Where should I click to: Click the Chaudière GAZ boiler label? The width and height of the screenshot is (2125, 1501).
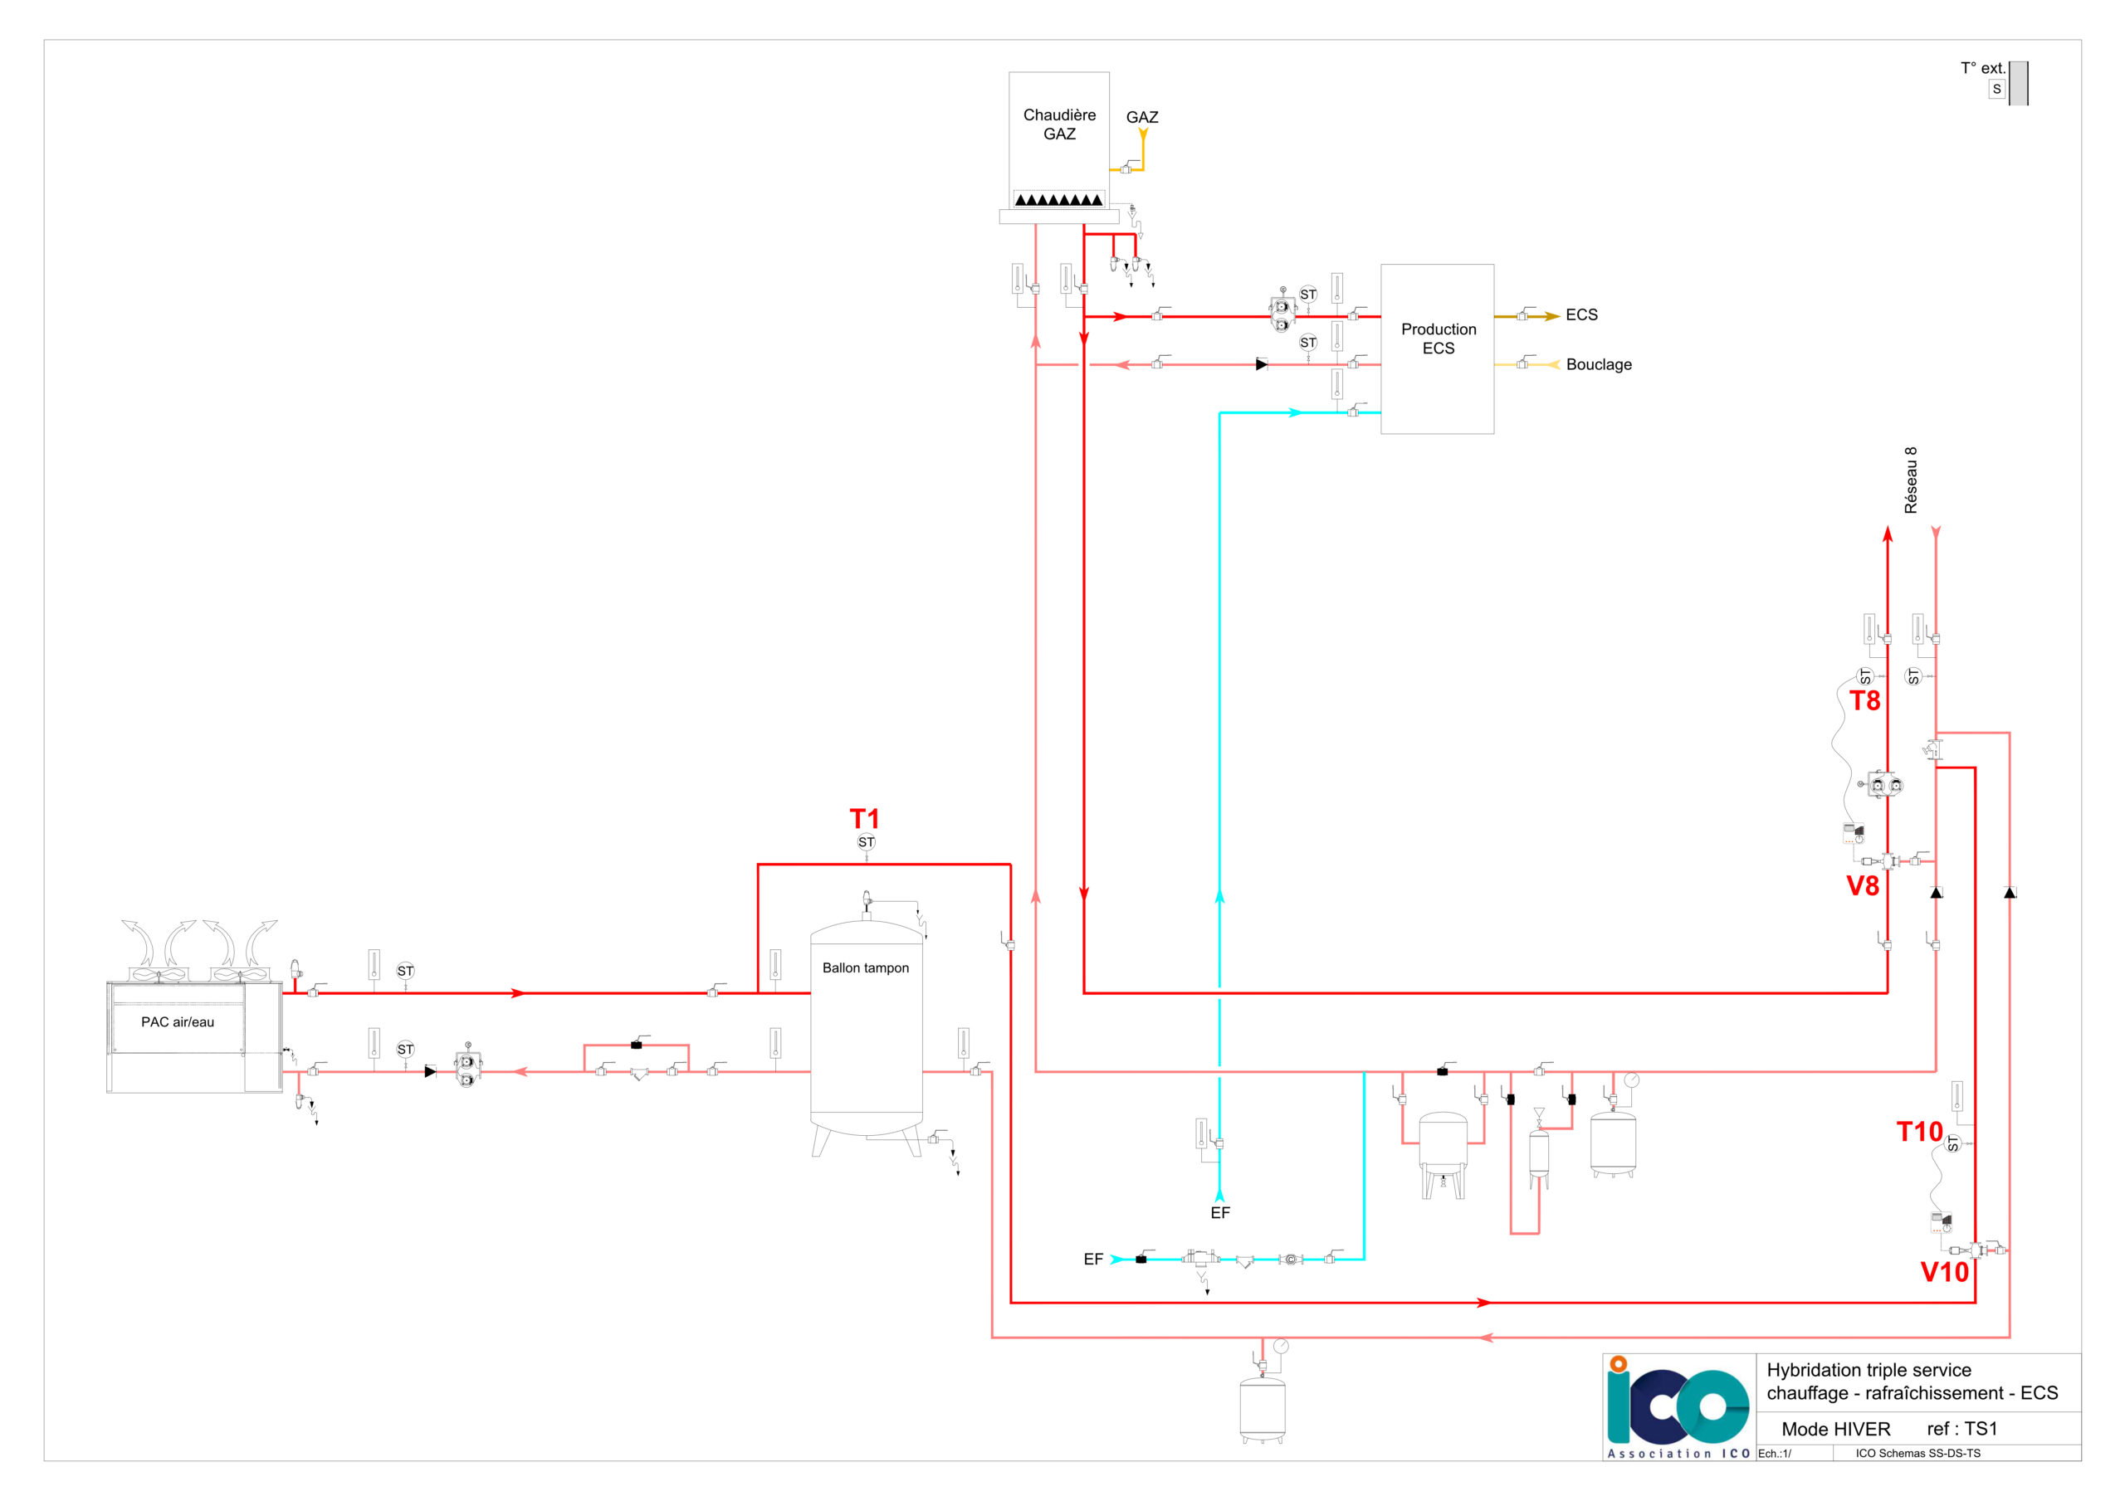tap(1059, 124)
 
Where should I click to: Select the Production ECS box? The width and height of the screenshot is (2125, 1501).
tap(1438, 348)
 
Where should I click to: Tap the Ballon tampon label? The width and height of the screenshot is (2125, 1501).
tap(866, 968)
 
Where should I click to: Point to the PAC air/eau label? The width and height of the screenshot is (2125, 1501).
tap(178, 1021)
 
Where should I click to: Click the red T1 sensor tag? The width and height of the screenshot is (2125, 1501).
tap(864, 819)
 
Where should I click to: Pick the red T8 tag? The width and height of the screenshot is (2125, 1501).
tap(1865, 700)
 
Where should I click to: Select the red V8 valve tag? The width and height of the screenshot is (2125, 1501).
tap(1863, 885)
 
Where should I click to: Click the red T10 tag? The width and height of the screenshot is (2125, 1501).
tap(1919, 1132)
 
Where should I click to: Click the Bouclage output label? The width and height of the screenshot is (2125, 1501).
tap(1599, 364)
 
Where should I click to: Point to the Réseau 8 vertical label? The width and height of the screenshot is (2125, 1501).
tap(1911, 480)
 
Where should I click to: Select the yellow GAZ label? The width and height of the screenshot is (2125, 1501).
tap(1142, 118)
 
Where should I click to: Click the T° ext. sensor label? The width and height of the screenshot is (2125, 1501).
tap(1982, 69)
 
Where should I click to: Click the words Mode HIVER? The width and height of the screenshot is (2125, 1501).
tap(1836, 1429)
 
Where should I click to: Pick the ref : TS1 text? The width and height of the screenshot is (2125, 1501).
tap(1962, 1429)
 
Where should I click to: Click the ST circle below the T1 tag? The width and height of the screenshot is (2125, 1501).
tap(867, 842)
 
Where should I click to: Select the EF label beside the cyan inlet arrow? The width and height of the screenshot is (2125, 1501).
tap(1093, 1260)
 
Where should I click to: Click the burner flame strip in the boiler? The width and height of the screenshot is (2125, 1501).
tap(1059, 199)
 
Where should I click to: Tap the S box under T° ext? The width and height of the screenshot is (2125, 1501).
tap(1996, 90)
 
